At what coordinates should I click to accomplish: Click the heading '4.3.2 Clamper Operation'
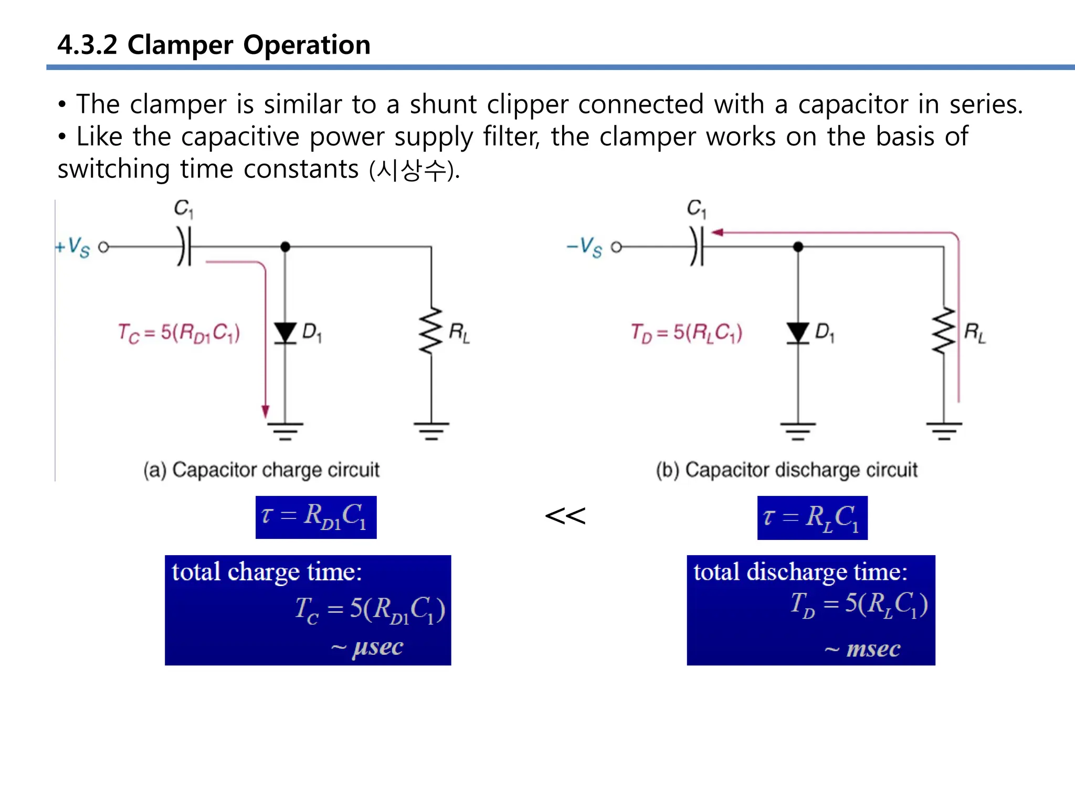point(214,45)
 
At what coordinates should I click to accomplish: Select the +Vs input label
point(73,247)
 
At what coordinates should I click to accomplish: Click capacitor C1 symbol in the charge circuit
point(184,247)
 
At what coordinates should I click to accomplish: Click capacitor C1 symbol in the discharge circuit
point(697,247)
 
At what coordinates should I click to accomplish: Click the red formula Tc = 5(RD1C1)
point(179,333)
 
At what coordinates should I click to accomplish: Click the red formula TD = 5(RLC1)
point(687,333)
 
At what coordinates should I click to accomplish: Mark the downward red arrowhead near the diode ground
point(266,411)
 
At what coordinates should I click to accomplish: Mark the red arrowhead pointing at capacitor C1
point(717,232)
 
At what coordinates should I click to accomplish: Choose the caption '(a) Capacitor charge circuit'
point(261,470)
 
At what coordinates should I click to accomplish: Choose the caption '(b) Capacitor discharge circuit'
point(786,470)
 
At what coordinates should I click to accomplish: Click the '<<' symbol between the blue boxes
point(565,516)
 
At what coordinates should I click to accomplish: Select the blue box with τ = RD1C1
point(316,517)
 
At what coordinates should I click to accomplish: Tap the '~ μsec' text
point(367,648)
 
